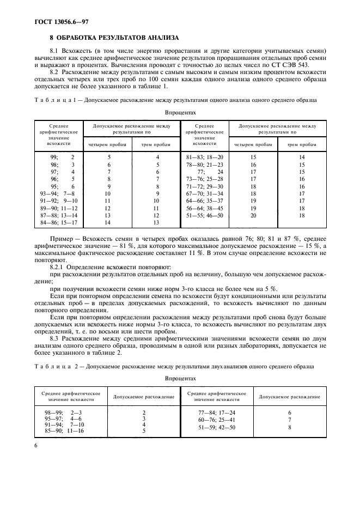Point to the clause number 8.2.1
59,268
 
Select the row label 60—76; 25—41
216,419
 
